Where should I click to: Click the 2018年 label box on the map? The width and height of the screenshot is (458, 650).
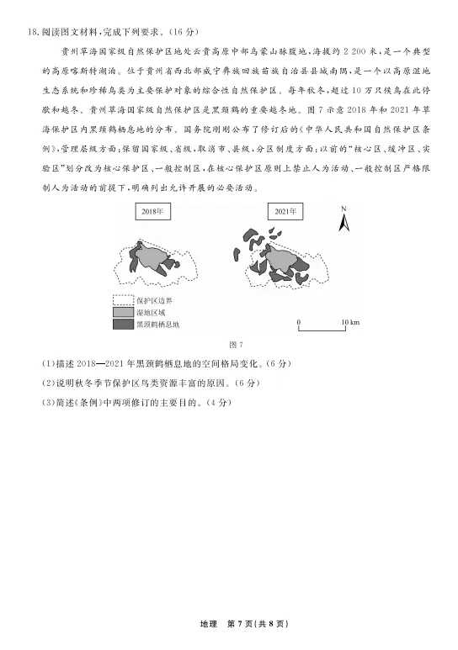152,213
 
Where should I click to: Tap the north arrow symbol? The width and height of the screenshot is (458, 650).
343,222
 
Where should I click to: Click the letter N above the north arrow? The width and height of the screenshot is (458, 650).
343,208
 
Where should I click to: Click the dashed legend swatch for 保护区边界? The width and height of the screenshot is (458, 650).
124,300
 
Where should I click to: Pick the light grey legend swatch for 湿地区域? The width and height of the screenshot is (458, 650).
124,312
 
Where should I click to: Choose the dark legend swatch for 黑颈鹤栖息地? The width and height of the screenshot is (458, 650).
124,324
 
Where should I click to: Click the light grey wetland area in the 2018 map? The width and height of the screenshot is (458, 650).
153,254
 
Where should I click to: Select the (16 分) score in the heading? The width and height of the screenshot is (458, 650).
181,33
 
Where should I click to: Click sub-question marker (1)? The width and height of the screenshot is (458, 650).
47,364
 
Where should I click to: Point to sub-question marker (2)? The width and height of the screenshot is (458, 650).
47,383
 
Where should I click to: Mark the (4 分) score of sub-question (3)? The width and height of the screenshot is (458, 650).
215,402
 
